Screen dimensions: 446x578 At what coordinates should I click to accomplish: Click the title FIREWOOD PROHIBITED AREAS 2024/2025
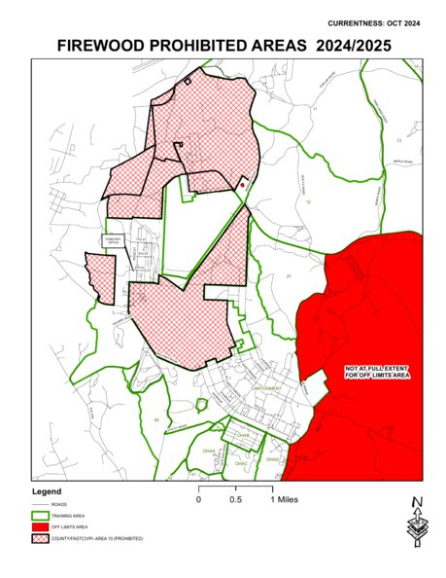click(x=223, y=45)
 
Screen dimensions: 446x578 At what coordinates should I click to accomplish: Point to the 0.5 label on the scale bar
click(x=235, y=499)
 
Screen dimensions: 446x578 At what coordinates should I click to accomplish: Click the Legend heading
click(x=47, y=491)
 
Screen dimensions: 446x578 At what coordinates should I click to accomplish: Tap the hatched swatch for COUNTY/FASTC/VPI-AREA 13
click(x=41, y=537)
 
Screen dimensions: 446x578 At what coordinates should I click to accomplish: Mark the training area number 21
click(x=289, y=277)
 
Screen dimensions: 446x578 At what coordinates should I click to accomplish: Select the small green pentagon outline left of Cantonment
click(x=202, y=405)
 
